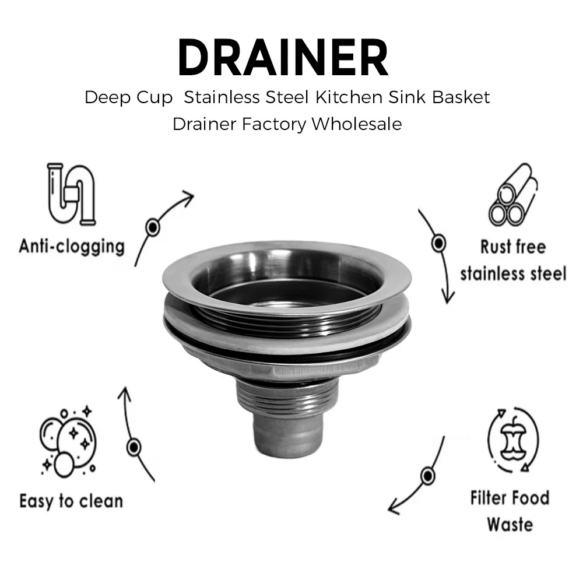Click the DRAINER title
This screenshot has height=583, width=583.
coord(283,58)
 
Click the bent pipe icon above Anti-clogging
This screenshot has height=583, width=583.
coord(72,194)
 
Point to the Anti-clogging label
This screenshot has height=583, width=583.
coord(72,246)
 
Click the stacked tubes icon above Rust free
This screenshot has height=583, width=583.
coord(513,195)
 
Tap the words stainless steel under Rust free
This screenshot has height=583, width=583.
coord(513,273)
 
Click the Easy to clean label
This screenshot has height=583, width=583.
coord(71,501)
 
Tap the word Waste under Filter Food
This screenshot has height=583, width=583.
coord(510,524)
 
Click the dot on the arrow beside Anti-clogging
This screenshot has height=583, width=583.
coord(153,226)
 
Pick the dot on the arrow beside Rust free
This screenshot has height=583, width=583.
coord(438,243)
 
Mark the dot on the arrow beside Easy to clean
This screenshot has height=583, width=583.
coord(135,448)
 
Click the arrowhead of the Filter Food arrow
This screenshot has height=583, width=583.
coord(394,509)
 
